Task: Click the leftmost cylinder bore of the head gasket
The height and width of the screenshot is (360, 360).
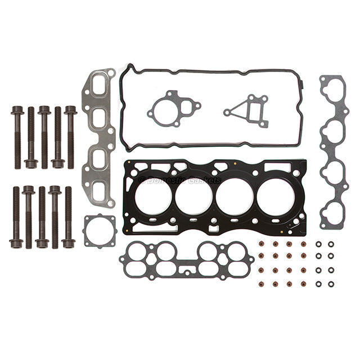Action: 153,197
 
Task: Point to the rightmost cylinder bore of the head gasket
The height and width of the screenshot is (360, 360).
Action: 276,197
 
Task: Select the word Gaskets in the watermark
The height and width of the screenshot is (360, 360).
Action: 204,181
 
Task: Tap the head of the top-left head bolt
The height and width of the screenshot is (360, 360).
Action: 17,110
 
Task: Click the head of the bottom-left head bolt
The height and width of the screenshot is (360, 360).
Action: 16,244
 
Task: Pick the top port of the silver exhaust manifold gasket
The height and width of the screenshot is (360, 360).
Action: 99,85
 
